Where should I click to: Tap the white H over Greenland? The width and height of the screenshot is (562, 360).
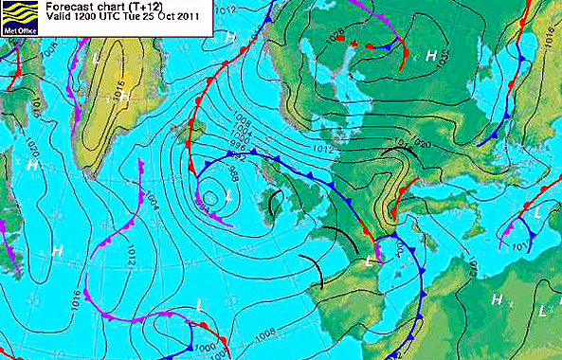click(230, 37)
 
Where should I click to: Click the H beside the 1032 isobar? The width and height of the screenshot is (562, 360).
click(430, 56)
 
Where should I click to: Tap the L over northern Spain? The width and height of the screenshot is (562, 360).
click(368, 260)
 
